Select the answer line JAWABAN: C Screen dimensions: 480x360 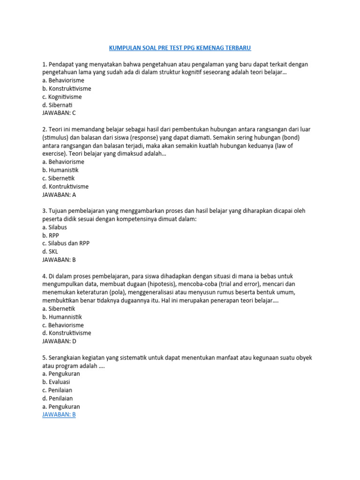[x=59, y=113]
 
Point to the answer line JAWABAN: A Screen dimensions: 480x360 [x=59, y=195]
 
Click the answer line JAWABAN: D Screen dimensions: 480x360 [x=59, y=341]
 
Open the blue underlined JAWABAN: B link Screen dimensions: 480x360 [x=59, y=414]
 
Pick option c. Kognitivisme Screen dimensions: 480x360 [x=62, y=97]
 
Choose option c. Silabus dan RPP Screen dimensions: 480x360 [x=66, y=243]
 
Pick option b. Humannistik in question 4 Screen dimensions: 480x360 [x=62, y=317]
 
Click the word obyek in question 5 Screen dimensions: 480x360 [x=303, y=357]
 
